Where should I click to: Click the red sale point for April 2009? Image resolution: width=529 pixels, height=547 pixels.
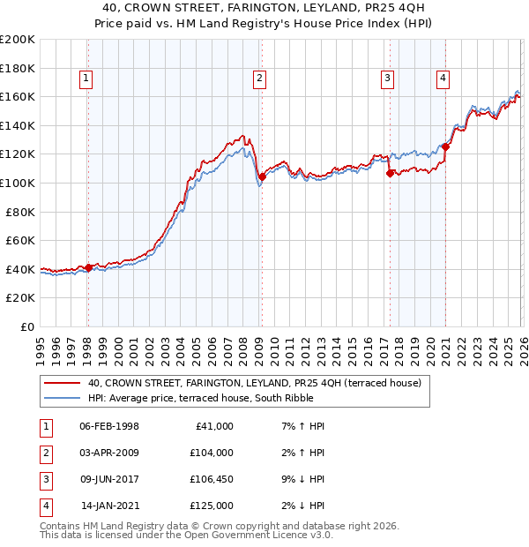(262, 177)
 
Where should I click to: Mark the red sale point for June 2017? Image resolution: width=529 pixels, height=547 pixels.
(390, 174)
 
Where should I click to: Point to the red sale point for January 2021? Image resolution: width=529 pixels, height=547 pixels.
(446, 147)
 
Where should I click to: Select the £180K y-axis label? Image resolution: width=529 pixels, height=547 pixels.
(18, 68)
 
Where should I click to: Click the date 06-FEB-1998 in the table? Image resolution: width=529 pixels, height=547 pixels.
(108, 426)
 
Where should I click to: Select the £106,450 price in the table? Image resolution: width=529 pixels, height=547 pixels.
(211, 479)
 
